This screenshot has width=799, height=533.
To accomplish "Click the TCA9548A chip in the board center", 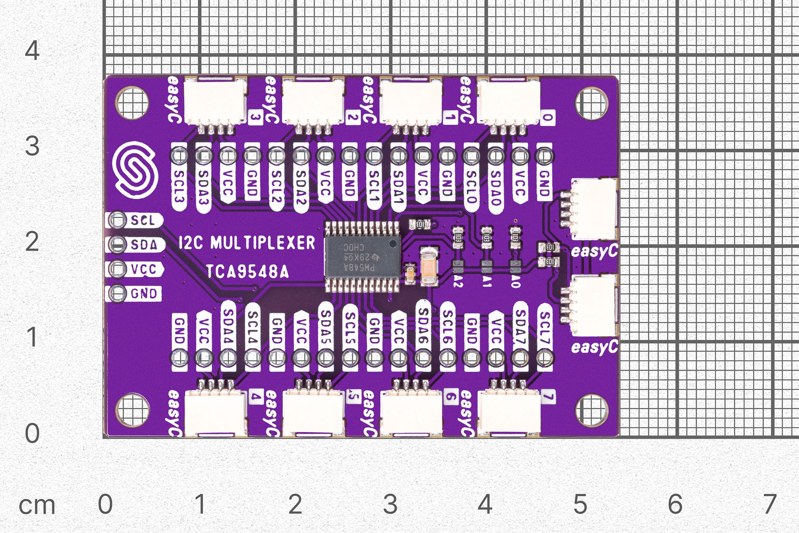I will [x=363, y=257].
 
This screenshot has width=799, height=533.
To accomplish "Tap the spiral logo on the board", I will [x=135, y=170].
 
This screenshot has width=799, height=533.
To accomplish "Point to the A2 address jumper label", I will [x=458, y=281].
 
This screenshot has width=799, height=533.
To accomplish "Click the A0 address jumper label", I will [x=515, y=281].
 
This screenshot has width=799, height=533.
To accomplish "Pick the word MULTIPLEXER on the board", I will [x=263, y=243].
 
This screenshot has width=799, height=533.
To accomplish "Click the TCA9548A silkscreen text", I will [x=247, y=271].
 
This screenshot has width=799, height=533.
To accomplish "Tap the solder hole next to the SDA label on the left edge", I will [x=118, y=245].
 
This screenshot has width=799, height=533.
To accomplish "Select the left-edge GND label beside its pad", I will [x=144, y=294].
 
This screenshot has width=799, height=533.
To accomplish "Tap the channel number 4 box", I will [x=256, y=396].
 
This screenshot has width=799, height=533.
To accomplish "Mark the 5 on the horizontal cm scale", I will [x=580, y=504].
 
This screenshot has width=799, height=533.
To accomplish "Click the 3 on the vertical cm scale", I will [x=32, y=146].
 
